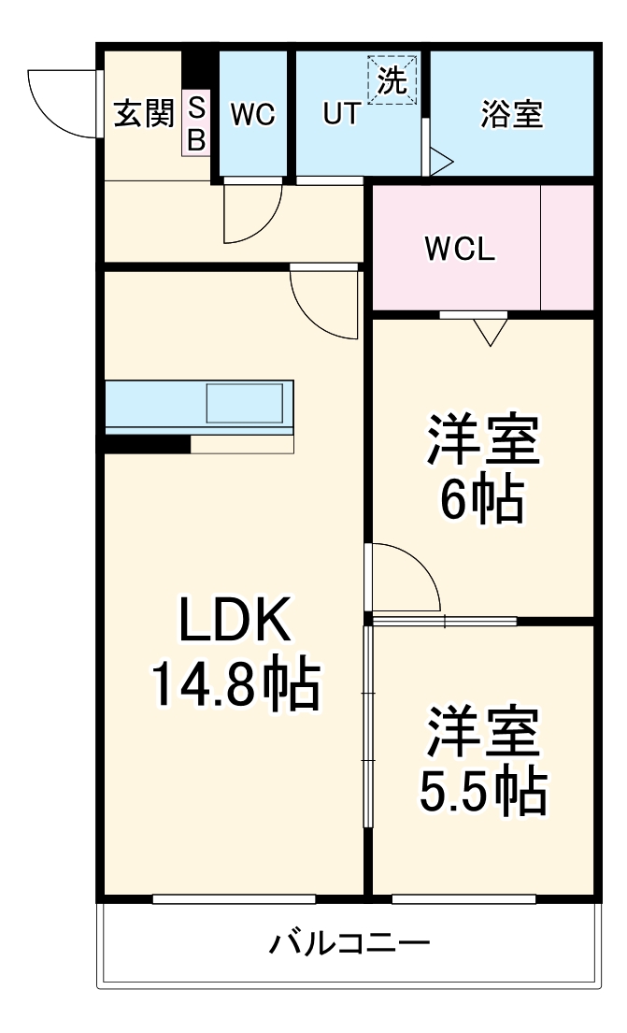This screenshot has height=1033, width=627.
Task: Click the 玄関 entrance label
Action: pos(144,114)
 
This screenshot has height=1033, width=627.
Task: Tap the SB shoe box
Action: pos(196,123)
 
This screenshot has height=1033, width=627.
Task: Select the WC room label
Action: pos(252,115)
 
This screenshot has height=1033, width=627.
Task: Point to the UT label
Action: pos(341,115)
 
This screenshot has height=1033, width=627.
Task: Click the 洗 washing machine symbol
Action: pos(392,80)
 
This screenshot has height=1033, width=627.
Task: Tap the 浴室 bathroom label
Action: pos(512,115)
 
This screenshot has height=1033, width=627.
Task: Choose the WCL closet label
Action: pos(459,250)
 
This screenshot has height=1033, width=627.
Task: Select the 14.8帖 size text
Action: pos(235,685)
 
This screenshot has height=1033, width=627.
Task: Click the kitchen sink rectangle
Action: pos(244,402)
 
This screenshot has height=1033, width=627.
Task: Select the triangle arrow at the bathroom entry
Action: pos(440,162)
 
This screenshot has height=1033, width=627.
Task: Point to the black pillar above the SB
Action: pos(198,66)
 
